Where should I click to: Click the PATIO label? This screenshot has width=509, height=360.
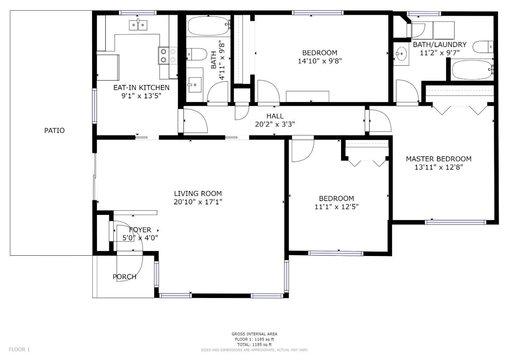54,130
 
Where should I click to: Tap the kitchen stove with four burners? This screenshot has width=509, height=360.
168,56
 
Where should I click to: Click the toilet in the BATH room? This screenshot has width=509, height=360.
197,55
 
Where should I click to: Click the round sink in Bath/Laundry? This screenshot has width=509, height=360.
401,55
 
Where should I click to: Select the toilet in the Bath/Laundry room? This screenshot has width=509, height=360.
483,47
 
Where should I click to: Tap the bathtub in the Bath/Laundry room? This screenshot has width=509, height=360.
472,69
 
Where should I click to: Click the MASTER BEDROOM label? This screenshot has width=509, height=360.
438,159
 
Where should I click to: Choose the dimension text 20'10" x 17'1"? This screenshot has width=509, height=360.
198,202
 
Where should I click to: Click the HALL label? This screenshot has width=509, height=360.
275,116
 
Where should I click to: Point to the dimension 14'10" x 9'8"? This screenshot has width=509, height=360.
320,61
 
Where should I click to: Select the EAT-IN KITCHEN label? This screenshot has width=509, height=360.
141,87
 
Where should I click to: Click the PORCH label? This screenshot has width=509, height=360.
124,277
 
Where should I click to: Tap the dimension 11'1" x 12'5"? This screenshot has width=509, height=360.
336,207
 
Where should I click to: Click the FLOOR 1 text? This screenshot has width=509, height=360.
19,349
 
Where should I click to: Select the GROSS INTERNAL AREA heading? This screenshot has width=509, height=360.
254,334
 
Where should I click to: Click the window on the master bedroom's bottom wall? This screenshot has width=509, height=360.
455,222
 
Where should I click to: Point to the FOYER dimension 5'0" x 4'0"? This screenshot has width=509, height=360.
140,238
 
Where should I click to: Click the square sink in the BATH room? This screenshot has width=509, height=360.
194,85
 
